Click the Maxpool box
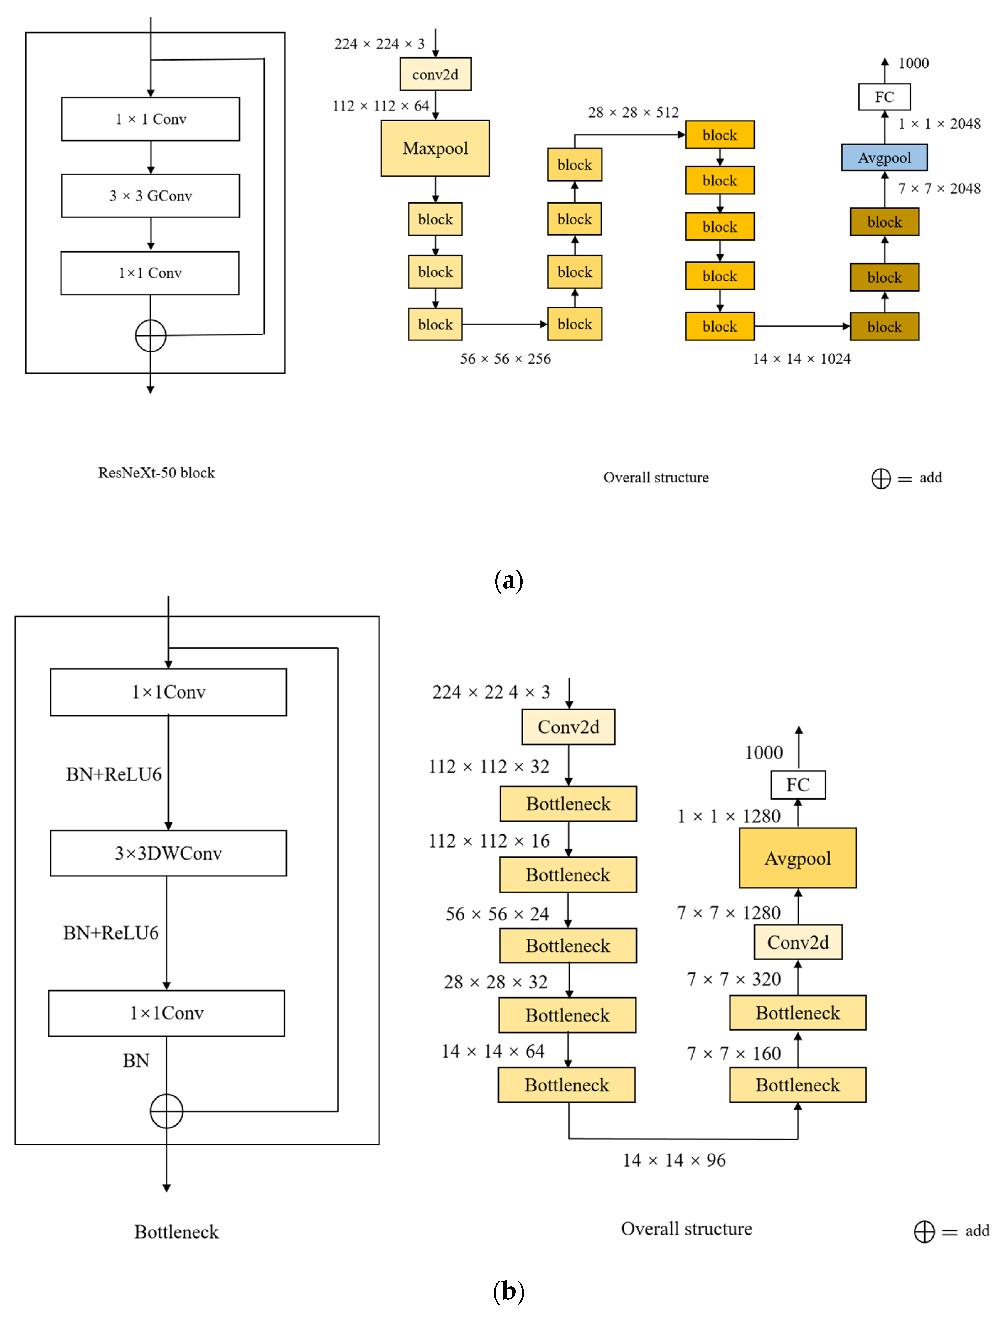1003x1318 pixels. pyautogui.click(x=435, y=148)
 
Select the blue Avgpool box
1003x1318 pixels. pyautogui.click(x=884, y=158)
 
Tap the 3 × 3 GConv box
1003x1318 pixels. pyautogui.click(x=151, y=196)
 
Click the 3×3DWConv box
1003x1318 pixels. pyautogui.click(x=168, y=853)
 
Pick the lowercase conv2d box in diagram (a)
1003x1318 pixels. pyautogui.click(x=435, y=75)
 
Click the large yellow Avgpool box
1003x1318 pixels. pyautogui.click(x=798, y=858)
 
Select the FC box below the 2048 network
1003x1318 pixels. pyautogui.click(x=884, y=97)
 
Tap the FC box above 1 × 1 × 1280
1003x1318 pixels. pyautogui.click(x=798, y=785)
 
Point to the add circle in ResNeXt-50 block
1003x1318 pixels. pyautogui.click(x=151, y=336)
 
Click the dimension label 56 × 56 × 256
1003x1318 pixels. pyautogui.click(x=505, y=359)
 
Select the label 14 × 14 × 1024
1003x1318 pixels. pyautogui.click(x=801, y=359)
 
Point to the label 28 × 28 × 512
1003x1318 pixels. pyautogui.click(x=633, y=112)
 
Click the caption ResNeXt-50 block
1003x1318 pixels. pyautogui.click(x=157, y=473)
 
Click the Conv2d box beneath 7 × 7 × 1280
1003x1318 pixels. pyautogui.click(x=798, y=942)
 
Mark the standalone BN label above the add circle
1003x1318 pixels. pyautogui.click(x=136, y=1061)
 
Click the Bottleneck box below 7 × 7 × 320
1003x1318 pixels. pyautogui.click(x=798, y=1013)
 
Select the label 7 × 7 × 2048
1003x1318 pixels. pyautogui.click(x=939, y=189)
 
